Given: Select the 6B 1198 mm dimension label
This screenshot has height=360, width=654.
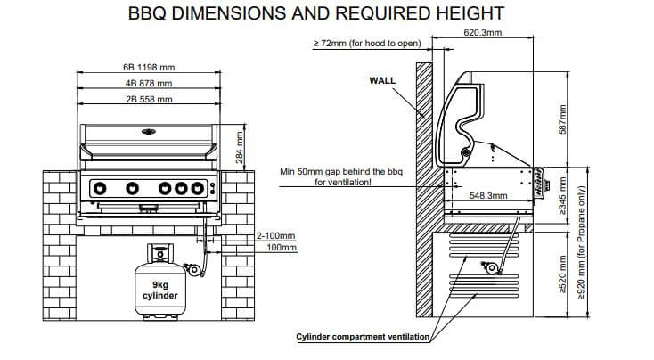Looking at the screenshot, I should pyautogui.click(x=148, y=67).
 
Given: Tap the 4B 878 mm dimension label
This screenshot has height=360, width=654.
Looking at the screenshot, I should pyautogui.click(x=148, y=83).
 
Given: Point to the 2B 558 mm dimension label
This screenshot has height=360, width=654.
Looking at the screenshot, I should pyautogui.click(x=148, y=99).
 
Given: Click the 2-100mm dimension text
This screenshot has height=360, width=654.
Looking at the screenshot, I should pyautogui.click(x=275, y=236).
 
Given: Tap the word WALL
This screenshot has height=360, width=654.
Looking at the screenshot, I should pyautogui.click(x=382, y=80).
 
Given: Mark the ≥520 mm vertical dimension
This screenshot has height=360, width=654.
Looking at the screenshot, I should pyautogui.click(x=561, y=275).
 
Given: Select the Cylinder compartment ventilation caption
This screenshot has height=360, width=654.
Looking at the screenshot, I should pyautogui.click(x=364, y=337).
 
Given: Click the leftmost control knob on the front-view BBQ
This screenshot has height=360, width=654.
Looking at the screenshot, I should pyautogui.click(x=101, y=188).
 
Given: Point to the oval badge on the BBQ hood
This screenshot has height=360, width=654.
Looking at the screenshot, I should pyautogui.click(x=148, y=131).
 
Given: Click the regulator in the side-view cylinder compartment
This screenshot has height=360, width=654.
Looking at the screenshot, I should pyautogui.click(x=488, y=266).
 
